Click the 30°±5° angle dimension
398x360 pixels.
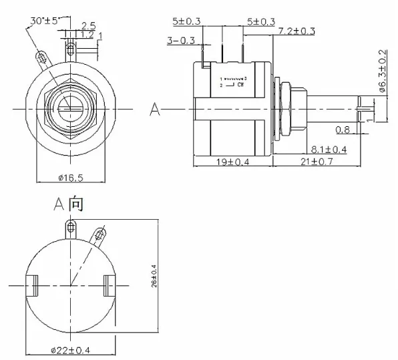45,20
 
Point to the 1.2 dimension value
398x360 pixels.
87,34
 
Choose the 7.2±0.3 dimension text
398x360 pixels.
296,31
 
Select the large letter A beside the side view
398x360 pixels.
155,109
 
